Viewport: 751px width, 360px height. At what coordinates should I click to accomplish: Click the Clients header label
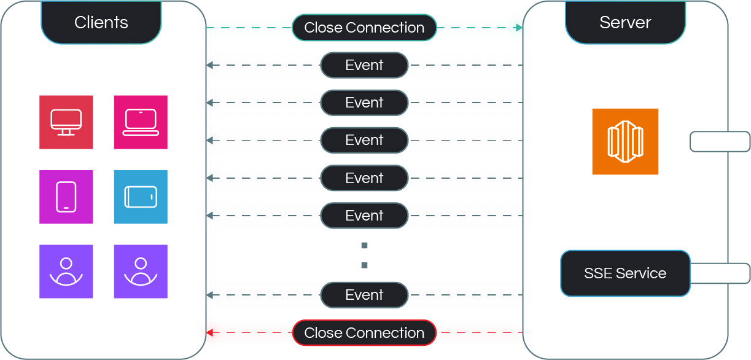pyautogui.click(x=101, y=23)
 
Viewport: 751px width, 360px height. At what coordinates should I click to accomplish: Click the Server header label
pyautogui.click(x=625, y=23)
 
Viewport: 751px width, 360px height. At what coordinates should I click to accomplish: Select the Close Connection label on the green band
pyautogui.click(x=364, y=28)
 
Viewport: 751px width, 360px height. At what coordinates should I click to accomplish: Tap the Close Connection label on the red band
pyautogui.click(x=364, y=333)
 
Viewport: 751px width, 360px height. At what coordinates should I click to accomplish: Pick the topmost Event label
pyautogui.click(x=364, y=65)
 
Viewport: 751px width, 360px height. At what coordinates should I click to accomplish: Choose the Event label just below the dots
pyautogui.click(x=364, y=295)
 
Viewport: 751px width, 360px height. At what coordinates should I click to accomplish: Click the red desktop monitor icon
pyautogui.click(x=66, y=122)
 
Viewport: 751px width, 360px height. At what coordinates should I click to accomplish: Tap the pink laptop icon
pyautogui.click(x=141, y=122)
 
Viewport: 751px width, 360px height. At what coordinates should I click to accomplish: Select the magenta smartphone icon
pyautogui.click(x=66, y=197)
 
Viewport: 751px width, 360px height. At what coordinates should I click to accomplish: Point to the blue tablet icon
pyautogui.click(x=141, y=197)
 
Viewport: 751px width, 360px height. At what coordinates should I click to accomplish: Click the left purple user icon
pyautogui.click(x=66, y=272)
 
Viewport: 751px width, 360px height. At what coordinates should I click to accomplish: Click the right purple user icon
pyautogui.click(x=141, y=272)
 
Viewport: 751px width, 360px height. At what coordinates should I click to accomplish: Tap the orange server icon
pyautogui.click(x=625, y=142)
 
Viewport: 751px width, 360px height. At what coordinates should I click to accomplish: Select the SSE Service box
pyautogui.click(x=625, y=273)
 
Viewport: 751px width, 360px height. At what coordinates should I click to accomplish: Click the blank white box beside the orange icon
pyautogui.click(x=720, y=141)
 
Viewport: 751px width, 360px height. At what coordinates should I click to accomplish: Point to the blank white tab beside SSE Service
pyautogui.click(x=720, y=273)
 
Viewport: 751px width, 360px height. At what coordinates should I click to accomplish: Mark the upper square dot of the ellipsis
pyautogui.click(x=364, y=246)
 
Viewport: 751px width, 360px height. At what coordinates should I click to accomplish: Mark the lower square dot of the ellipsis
pyautogui.click(x=364, y=265)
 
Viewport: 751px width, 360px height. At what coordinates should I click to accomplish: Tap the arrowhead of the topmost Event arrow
pyautogui.click(x=209, y=65)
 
